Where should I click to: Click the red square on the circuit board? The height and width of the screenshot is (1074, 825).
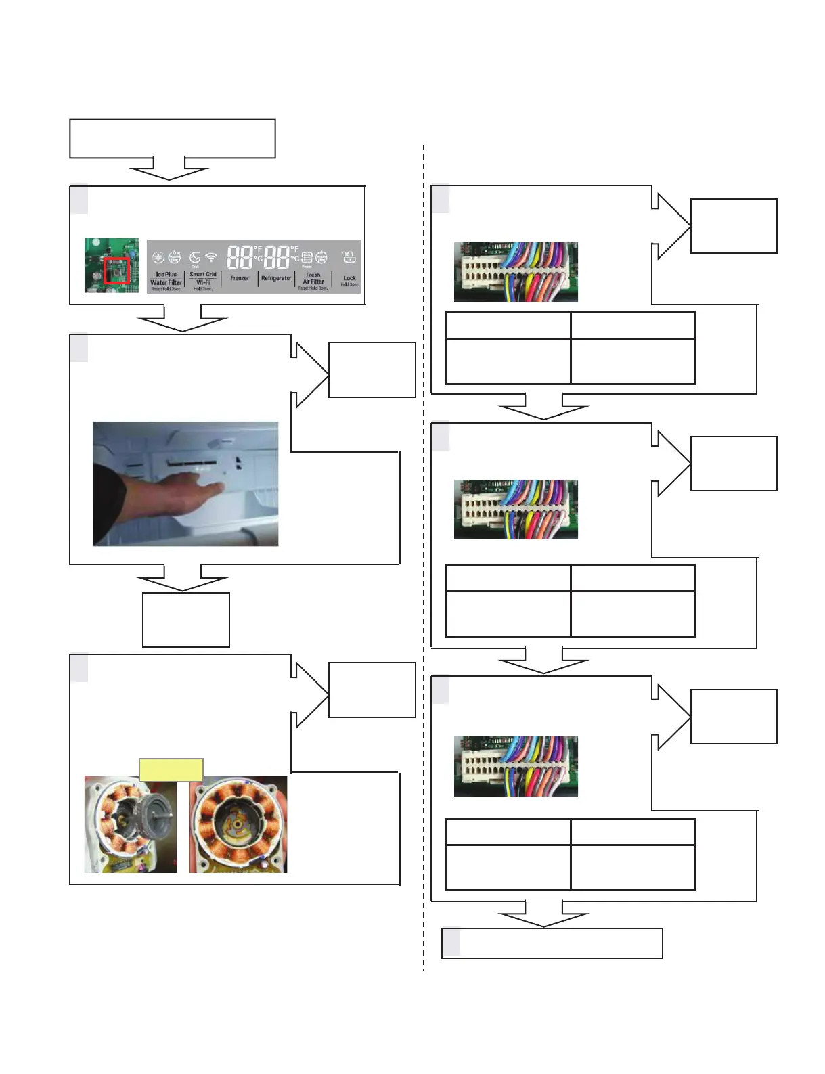[x=116, y=270]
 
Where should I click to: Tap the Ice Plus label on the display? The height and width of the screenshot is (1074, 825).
[x=166, y=275]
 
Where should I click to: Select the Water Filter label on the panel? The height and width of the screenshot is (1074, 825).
[x=166, y=282]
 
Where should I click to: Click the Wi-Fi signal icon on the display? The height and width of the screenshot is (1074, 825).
[x=211, y=258]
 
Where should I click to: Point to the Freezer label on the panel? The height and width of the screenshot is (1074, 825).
[x=240, y=278]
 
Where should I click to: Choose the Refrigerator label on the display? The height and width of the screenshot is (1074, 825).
[x=276, y=278]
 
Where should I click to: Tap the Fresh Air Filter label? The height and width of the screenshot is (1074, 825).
[x=313, y=278]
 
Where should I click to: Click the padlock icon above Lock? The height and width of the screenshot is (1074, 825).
[x=349, y=258]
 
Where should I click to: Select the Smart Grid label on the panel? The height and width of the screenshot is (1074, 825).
[x=203, y=275]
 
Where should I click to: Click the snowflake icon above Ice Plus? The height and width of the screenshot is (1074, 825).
[x=158, y=258]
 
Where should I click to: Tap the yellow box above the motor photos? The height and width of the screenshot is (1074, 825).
[x=171, y=769]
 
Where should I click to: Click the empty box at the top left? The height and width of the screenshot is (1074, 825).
[x=172, y=139]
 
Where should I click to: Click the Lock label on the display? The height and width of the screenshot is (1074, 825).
[x=349, y=278]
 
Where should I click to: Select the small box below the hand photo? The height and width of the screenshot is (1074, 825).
[x=185, y=620]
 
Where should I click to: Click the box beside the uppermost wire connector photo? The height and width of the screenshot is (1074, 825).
[x=734, y=226]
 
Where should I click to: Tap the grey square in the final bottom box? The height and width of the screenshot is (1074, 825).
[x=451, y=943]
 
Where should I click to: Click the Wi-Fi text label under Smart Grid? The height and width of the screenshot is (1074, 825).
[x=203, y=282]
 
